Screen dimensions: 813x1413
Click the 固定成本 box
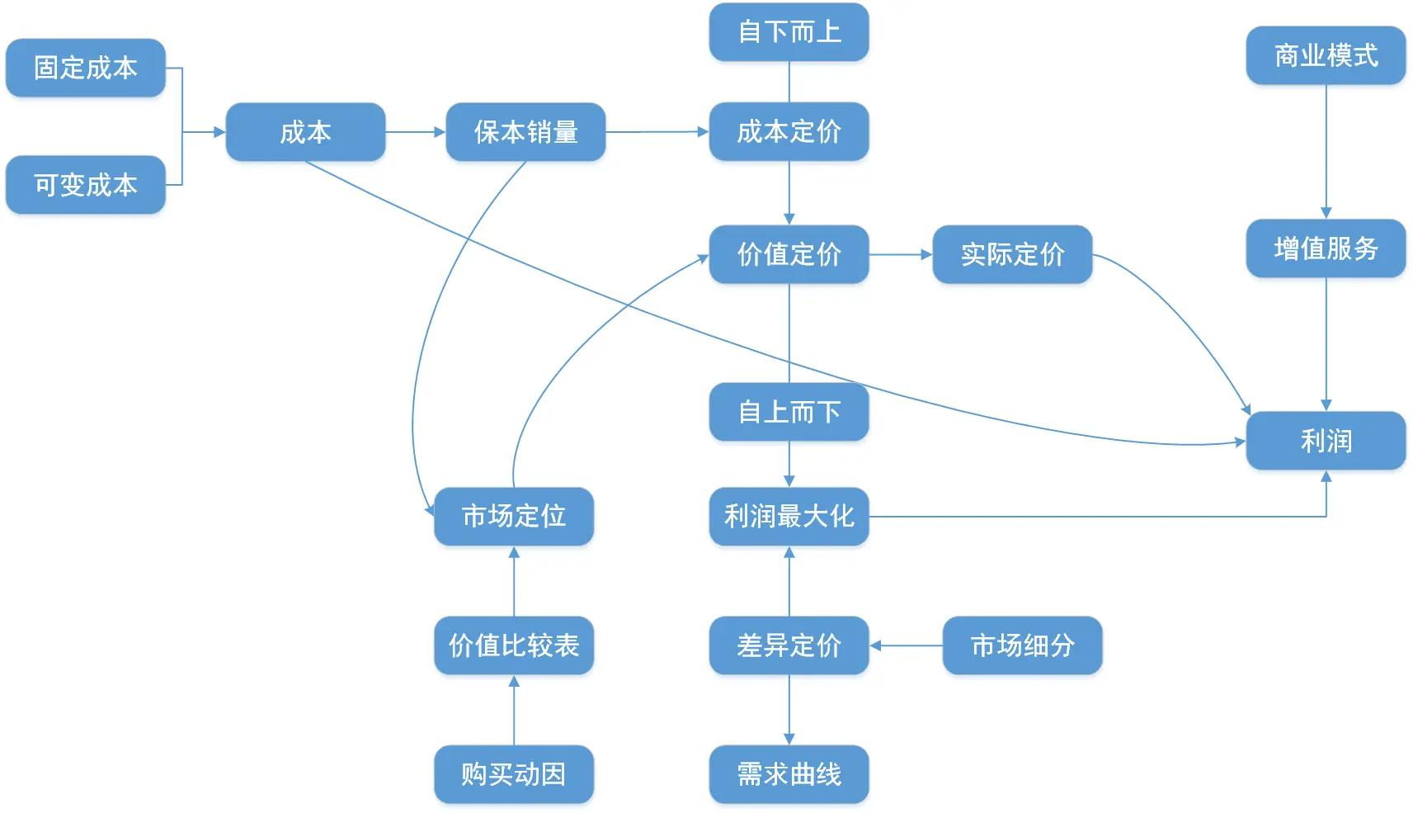point(86,68)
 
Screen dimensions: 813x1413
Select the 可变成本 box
point(86,185)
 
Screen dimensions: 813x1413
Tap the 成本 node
point(305,132)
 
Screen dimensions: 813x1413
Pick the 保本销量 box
point(525,132)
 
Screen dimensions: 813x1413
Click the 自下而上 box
point(789,32)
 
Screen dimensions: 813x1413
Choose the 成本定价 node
point(789,132)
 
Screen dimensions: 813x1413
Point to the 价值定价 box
point(789,254)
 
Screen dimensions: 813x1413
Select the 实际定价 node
point(1012,254)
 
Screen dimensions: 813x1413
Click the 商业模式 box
point(1326,55)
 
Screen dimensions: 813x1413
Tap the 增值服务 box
point(1326,248)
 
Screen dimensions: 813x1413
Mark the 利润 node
point(1326,441)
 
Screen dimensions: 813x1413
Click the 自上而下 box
point(789,411)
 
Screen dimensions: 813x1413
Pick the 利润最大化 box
point(789,517)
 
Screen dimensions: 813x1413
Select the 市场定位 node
point(514,517)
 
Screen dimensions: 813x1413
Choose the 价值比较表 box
point(514,645)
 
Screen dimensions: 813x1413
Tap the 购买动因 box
point(514,774)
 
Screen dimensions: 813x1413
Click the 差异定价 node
point(789,645)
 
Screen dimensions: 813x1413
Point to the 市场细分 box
point(1022,645)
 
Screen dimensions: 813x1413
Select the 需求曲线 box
point(789,774)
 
